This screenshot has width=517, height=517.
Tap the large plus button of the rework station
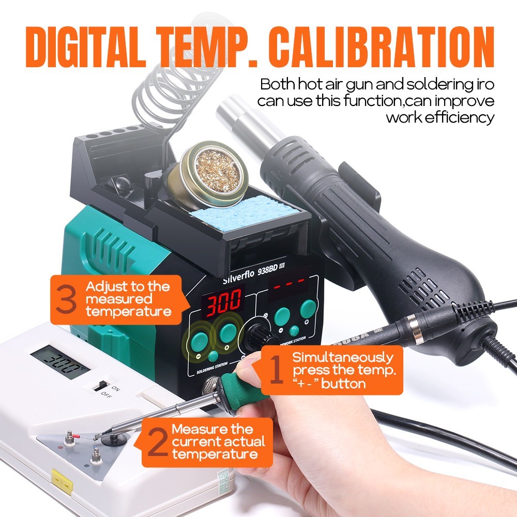pyautogui.click(x=308, y=309)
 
